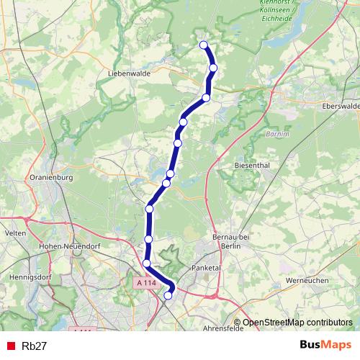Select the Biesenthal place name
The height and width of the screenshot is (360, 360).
pos(251,165)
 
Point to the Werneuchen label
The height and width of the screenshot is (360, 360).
pos(307,280)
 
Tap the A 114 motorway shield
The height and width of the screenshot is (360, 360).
pos(146,284)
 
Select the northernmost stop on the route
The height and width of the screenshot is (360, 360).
pos(203,45)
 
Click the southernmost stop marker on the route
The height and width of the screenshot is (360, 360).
pos(168,295)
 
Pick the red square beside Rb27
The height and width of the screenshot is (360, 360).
pos(10,346)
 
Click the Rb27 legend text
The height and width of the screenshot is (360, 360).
pos(35,346)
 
